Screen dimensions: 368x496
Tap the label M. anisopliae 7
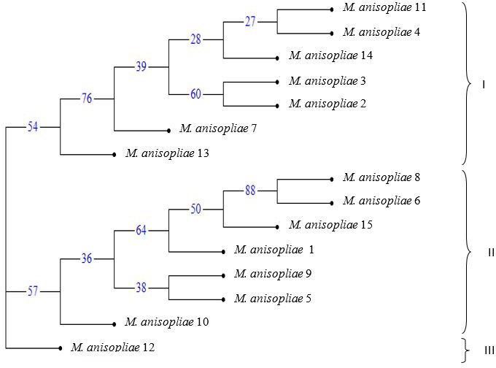click(218, 129)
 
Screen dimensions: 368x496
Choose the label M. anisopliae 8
click(381, 177)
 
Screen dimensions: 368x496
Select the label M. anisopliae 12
click(113, 347)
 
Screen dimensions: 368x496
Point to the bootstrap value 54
click(33, 127)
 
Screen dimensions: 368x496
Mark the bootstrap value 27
click(251, 21)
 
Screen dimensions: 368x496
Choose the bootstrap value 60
click(195, 93)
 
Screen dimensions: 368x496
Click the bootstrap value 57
click(33, 291)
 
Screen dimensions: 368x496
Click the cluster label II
click(490, 253)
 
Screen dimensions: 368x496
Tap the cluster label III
click(489, 350)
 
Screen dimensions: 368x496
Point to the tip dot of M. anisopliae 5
click(224, 299)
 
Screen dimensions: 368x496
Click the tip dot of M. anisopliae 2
click(278, 105)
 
